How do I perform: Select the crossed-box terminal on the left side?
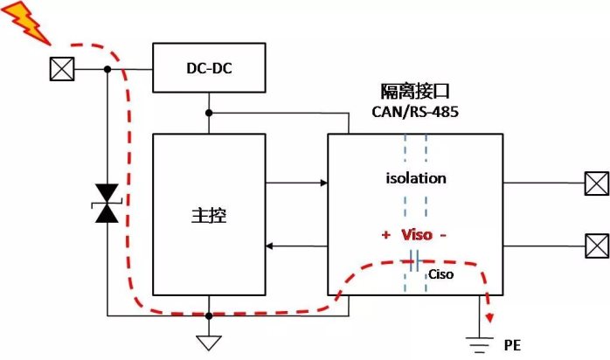click(x=61, y=69)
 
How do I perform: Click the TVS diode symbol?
click(x=107, y=203)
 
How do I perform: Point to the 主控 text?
click(x=208, y=215)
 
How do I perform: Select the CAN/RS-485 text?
click(x=414, y=112)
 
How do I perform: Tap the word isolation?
click(x=416, y=178)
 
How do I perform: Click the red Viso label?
click(x=416, y=235)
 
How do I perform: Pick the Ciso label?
click(x=440, y=273)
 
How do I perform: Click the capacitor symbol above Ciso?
click(x=415, y=260)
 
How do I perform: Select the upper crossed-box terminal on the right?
click(x=597, y=183)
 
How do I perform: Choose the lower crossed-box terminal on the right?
click(x=597, y=242)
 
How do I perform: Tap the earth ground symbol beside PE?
click(x=478, y=346)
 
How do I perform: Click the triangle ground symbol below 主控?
click(x=209, y=341)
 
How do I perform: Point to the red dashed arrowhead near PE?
click(x=490, y=316)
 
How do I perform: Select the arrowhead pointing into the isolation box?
click(x=322, y=183)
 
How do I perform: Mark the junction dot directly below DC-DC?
click(x=209, y=113)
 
